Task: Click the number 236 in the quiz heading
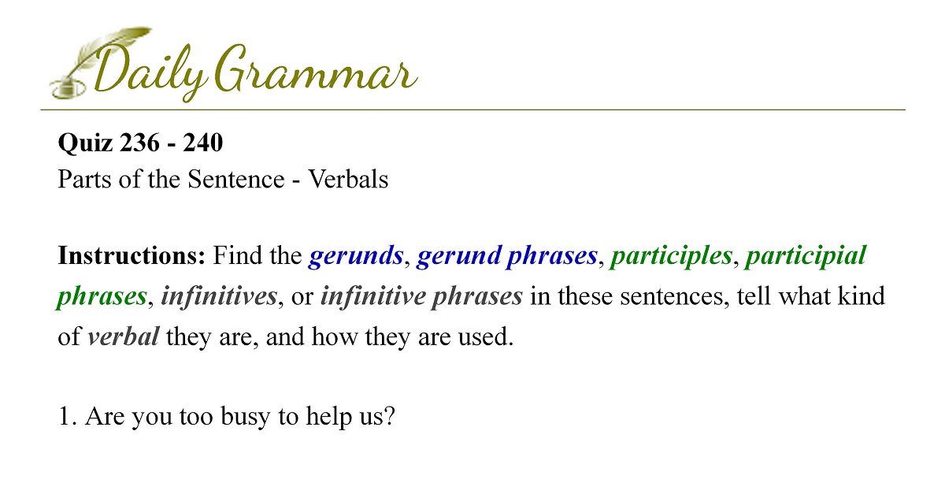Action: coord(139,143)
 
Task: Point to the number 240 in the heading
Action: coord(202,143)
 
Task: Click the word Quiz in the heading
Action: coord(85,143)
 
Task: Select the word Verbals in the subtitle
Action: coord(348,179)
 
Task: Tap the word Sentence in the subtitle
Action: coord(236,179)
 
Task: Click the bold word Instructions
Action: coord(132,255)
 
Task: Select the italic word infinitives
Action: coord(219,296)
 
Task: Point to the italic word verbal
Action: coord(123,336)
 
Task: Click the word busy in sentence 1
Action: coord(245,417)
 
